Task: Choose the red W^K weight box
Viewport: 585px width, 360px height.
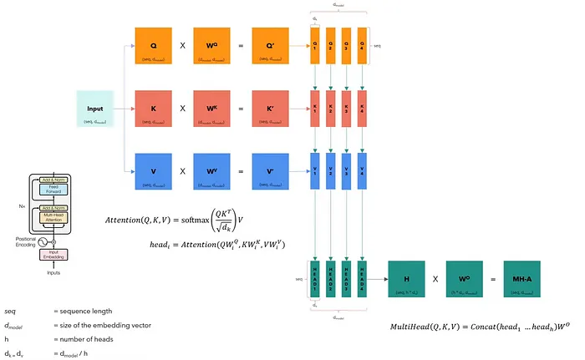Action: click(211, 109)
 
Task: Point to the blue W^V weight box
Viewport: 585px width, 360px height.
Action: click(211, 176)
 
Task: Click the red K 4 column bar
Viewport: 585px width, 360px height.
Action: click(362, 109)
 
